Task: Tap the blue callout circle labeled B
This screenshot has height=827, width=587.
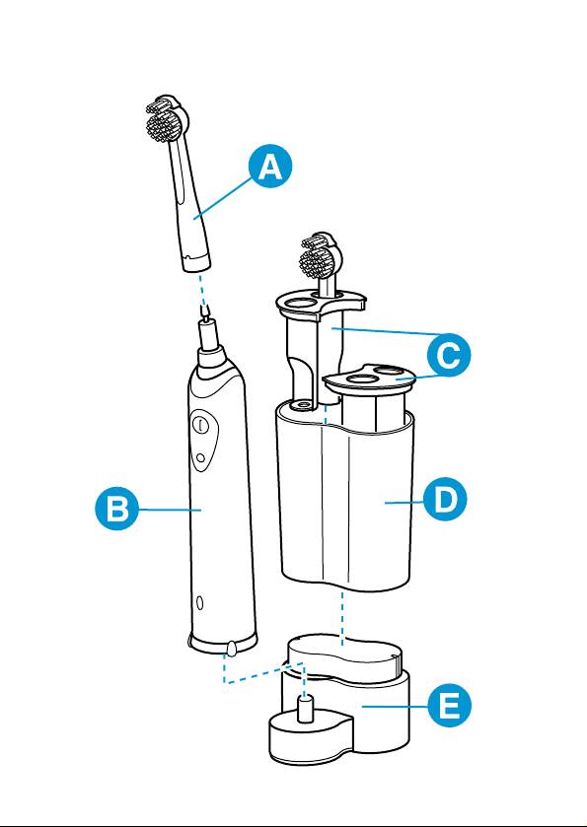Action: (117, 509)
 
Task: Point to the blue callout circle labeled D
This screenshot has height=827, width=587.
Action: (446, 499)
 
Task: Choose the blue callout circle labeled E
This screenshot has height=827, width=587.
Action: (449, 706)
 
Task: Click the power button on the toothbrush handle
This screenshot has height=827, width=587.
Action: (200, 425)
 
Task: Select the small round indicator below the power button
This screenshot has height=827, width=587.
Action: (199, 457)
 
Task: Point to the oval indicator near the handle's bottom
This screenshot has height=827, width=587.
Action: (199, 602)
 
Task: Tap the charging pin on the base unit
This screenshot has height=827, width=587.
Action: (306, 708)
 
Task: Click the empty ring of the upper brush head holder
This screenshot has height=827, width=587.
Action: (297, 304)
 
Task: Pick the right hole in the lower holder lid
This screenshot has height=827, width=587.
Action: (390, 371)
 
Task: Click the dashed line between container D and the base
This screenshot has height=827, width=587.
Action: (342, 618)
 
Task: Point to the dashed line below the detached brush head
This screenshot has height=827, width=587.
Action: (202, 290)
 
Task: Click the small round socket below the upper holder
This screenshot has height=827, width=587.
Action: (303, 403)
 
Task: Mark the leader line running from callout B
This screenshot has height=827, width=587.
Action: (170, 510)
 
